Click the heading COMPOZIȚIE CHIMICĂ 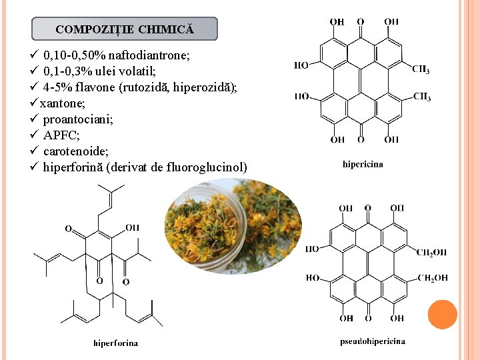(125, 29)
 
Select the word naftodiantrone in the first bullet (149, 55)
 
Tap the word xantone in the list (62, 103)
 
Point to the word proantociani (78, 119)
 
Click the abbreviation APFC (61, 135)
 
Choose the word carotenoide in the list (75, 151)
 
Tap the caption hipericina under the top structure (363, 165)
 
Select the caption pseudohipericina (373, 341)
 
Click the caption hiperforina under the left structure (116, 343)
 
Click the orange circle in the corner (443, 315)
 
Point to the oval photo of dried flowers (233, 226)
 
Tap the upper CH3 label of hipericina (421, 69)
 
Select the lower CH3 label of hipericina (422, 97)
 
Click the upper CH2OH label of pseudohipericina (431, 252)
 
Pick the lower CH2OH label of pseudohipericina (433, 278)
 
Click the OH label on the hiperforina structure (132, 227)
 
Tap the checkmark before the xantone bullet (34, 102)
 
